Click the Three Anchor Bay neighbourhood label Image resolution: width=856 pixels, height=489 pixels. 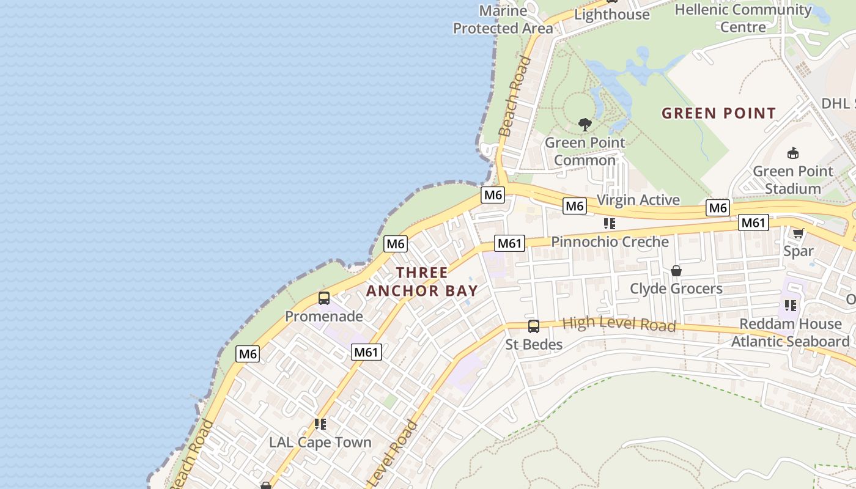pos(422,281)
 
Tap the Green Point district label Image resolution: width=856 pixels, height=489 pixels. pos(719,113)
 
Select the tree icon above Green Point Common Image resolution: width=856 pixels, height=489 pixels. pos(585,125)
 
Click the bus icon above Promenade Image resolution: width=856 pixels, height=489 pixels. pos(324,298)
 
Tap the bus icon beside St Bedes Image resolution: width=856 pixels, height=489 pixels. pos(534,326)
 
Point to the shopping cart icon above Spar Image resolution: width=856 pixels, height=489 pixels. pos(798,233)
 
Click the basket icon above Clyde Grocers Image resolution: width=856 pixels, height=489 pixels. pos(676,270)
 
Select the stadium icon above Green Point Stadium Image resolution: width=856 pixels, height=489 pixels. pos(793,153)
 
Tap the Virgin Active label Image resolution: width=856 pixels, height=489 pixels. pos(638,200)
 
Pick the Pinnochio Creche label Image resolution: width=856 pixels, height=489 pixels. pos(610,241)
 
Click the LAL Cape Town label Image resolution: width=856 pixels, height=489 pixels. pos(320,442)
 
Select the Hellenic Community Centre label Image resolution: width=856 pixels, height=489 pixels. pos(743,18)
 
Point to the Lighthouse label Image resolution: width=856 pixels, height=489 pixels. pos(612,15)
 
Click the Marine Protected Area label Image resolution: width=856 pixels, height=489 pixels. pos(503,20)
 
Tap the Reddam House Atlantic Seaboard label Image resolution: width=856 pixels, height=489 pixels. pos(791,333)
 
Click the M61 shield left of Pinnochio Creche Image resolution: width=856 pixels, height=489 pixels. pos(509,244)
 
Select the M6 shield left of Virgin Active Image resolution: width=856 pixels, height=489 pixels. pos(575,206)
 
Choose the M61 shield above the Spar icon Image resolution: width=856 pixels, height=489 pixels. pos(753,223)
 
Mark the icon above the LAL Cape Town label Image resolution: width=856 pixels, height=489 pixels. pos(320,424)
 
